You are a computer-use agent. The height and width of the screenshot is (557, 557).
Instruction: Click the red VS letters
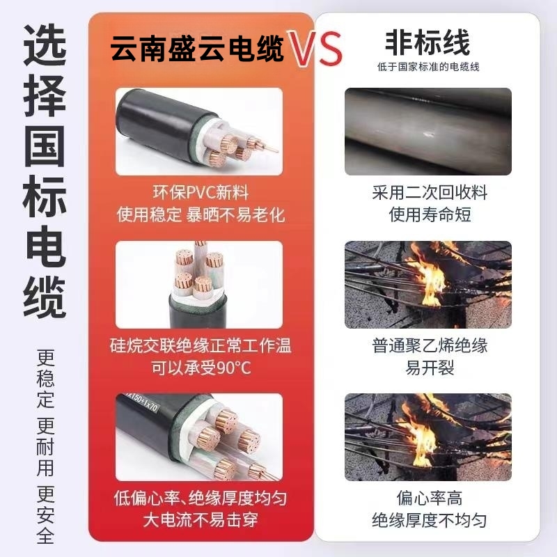click(x=315, y=49)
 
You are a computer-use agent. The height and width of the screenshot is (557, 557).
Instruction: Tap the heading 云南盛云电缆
click(x=197, y=49)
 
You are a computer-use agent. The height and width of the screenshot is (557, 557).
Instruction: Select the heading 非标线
click(x=427, y=42)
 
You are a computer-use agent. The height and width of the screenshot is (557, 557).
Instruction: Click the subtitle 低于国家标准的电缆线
click(x=428, y=67)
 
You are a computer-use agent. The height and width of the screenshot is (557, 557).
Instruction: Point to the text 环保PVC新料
click(x=201, y=193)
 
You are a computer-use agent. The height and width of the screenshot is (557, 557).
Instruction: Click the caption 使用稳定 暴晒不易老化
click(x=201, y=215)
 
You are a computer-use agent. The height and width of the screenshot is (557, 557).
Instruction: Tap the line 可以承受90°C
click(x=201, y=368)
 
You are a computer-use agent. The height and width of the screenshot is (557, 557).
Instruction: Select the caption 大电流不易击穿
click(x=201, y=520)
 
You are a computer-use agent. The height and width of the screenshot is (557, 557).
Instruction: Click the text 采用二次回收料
click(x=430, y=193)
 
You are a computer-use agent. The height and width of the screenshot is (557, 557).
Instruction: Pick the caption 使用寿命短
click(x=430, y=215)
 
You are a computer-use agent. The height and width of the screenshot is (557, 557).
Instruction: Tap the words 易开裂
click(x=430, y=368)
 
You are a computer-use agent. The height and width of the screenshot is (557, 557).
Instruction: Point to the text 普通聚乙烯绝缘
click(x=430, y=345)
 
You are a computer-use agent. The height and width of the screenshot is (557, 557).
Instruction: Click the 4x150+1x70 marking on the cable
click(x=141, y=402)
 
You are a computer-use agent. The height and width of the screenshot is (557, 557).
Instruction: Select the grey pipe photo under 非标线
click(x=428, y=132)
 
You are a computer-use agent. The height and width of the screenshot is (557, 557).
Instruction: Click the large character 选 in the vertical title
click(x=45, y=45)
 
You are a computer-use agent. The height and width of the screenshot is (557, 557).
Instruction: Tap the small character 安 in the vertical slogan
click(x=46, y=515)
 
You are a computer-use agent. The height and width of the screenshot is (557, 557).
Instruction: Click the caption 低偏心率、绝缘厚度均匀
click(x=201, y=498)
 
